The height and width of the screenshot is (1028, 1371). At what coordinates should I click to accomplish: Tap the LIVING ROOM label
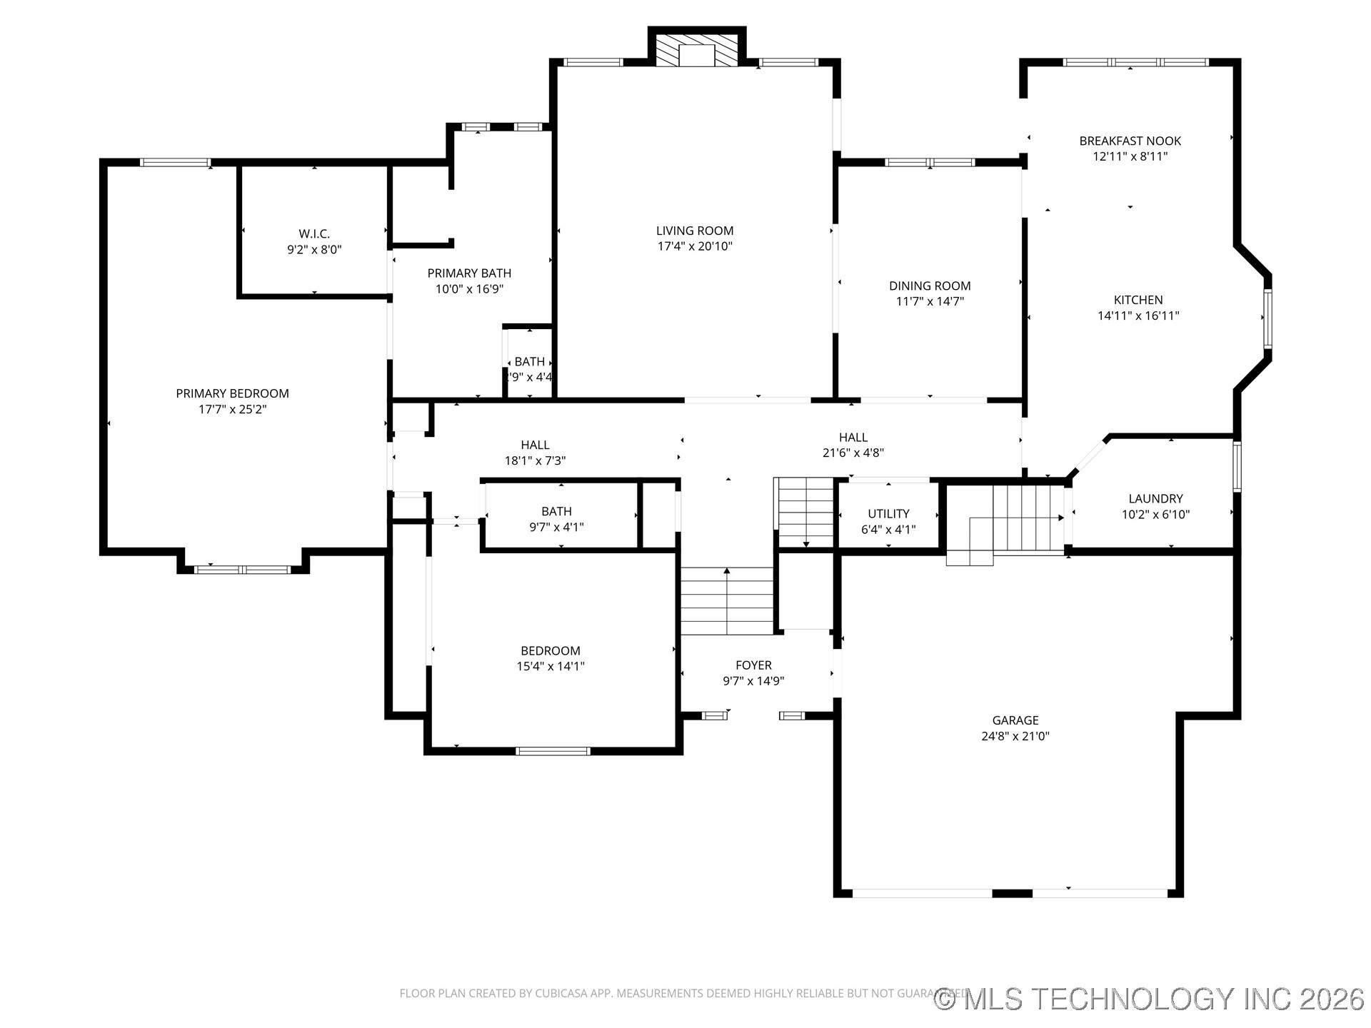pos(695,231)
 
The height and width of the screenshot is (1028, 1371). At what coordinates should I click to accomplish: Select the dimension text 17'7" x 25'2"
pos(232,409)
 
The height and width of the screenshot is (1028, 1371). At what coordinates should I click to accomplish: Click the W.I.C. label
pos(314,234)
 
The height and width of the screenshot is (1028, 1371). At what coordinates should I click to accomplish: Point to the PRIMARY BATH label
pos(469,273)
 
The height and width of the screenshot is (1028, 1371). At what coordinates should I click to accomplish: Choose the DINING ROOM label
pos(930,286)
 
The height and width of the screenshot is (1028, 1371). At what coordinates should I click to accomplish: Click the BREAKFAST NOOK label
pos(1130,141)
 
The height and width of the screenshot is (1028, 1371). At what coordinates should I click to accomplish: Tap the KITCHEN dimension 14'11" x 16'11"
pos(1138,316)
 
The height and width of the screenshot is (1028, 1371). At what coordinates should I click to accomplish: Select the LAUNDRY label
pos(1155,499)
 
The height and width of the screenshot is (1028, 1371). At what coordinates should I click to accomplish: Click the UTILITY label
pos(888,514)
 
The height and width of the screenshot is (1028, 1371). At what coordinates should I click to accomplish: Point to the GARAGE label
pos(1015,720)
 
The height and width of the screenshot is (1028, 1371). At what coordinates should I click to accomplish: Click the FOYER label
pos(753,665)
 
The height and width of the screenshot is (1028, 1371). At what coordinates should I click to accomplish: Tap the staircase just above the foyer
pos(727,600)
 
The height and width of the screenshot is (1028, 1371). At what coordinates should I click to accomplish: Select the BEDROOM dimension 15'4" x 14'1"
pos(551,666)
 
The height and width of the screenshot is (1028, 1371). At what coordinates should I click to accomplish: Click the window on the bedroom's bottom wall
pos(553,751)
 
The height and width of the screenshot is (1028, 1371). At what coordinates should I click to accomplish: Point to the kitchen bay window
pos(1267,318)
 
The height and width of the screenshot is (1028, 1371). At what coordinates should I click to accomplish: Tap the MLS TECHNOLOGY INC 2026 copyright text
pos(1150,999)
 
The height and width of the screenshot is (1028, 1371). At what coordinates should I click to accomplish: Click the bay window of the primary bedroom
pos(243,570)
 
